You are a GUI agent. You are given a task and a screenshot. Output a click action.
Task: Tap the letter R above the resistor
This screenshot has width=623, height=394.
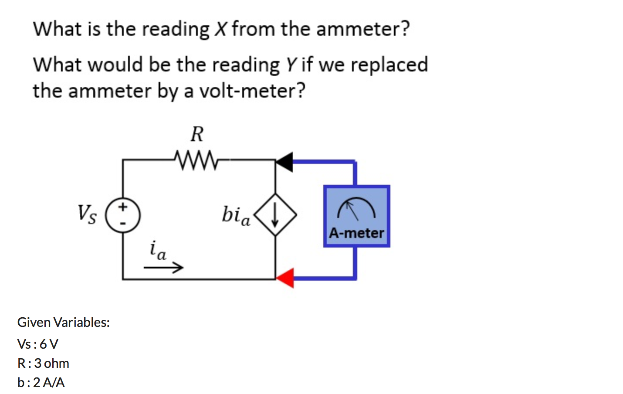point(197,134)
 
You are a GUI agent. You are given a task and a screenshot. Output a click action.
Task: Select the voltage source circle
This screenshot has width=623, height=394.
point(123,215)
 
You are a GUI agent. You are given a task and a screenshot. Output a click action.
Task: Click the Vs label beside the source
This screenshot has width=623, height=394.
point(87,214)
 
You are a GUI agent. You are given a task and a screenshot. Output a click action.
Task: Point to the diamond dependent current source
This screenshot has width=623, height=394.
point(275,215)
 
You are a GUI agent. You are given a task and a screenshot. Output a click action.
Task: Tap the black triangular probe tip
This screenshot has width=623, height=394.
point(285,162)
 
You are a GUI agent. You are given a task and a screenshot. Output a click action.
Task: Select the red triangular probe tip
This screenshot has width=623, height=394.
point(286,278)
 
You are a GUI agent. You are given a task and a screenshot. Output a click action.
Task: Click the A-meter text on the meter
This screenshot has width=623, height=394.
point(356,233)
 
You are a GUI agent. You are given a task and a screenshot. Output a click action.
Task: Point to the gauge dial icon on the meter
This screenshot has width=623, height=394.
point(356,208)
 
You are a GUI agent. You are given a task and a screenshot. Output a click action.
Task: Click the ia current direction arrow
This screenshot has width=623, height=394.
point(163,267)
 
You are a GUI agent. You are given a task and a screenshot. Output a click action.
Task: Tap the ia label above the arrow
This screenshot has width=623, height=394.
point(157,250)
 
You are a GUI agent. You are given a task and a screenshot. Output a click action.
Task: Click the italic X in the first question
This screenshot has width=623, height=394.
point(221,29)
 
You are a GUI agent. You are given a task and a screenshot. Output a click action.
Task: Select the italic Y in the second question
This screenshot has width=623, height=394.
point(291,65)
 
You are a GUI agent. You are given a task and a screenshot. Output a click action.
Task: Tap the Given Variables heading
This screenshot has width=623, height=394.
point(64,322)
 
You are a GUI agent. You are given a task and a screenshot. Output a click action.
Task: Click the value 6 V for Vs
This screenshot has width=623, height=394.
point(49,344)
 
